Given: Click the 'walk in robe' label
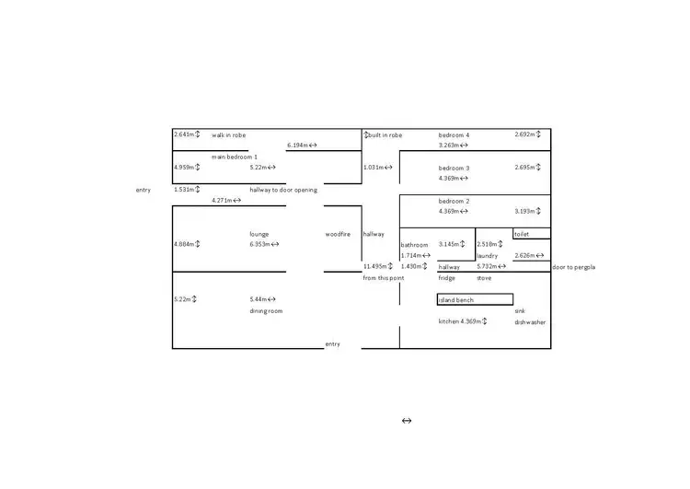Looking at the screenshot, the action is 228,135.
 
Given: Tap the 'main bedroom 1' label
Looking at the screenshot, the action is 235,157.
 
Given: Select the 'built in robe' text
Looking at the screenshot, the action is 385,135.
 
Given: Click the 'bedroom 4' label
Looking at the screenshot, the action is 454,135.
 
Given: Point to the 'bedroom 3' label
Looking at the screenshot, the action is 454,169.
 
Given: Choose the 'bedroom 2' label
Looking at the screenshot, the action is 454,201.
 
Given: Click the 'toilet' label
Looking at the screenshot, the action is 522,234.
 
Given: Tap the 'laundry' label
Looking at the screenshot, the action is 487,256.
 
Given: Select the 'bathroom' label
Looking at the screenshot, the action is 414,245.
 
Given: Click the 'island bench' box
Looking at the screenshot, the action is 475,299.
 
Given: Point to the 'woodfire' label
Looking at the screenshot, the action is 338,234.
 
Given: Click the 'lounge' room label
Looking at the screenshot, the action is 259,234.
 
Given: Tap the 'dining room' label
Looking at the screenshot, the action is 266,311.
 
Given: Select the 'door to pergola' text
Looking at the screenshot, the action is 573,267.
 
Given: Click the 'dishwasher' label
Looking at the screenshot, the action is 530,322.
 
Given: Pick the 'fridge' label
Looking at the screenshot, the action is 446,277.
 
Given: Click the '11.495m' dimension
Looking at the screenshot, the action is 376,266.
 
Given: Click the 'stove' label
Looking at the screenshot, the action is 484,277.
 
